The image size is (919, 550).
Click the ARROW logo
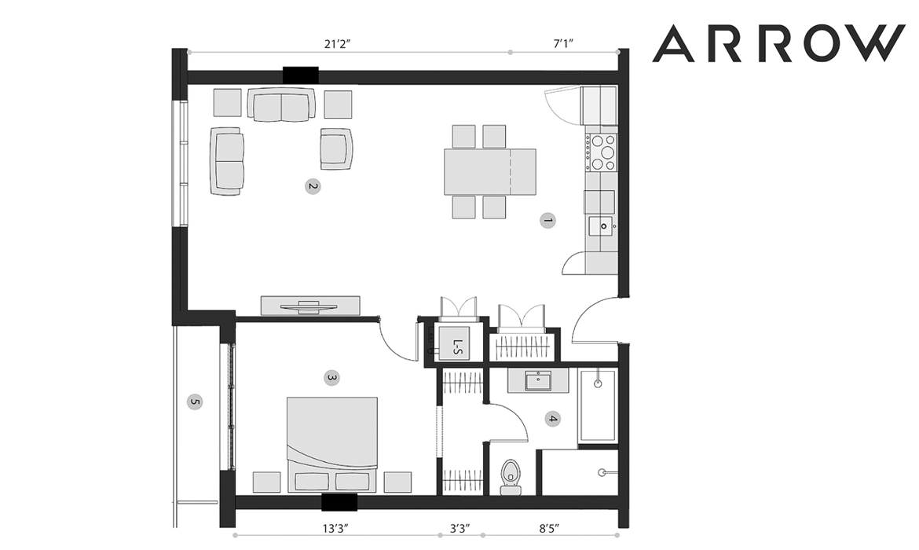(x=778, y=43)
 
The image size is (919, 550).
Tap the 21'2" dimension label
(x=337, y=43)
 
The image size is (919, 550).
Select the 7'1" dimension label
(x=562, y=43)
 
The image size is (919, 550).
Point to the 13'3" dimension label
(x=335, y=528)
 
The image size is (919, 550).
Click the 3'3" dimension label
(x=460, y=528)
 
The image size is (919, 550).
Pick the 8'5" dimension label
(x=549, y=528)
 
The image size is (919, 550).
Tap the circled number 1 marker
(x=548, y=221)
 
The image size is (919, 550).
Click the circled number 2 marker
(x=313, y=187)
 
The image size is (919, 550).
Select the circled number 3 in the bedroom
(x=331, y=378)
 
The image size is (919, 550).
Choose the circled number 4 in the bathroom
(x=552, y=420)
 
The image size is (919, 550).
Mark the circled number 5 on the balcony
(x=195, y=402)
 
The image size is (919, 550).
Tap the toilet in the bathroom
(x=511, y=477)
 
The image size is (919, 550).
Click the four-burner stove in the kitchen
(x=601, y=152)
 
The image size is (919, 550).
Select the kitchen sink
(x=602, y=225)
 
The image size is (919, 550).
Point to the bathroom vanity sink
(x=538, y=381)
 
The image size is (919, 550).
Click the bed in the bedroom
(x=331, y=445)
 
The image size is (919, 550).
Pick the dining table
(x=490, y=172)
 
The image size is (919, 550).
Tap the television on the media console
(x=309, y=306)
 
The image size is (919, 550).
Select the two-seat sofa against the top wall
(x=281, y=105)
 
